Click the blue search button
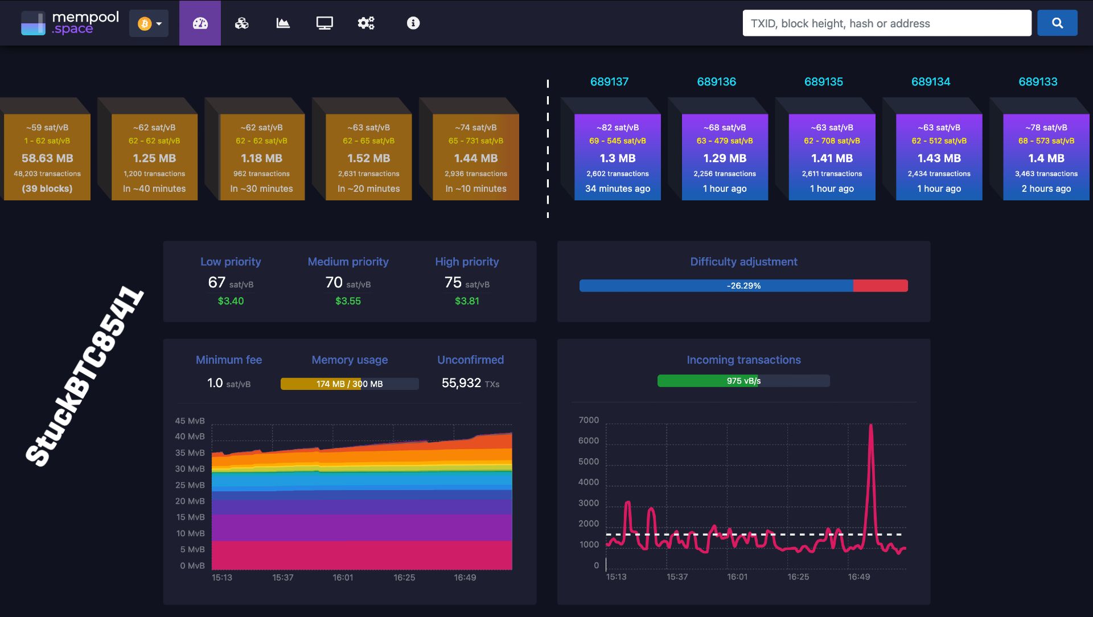click(x=1057, y=23)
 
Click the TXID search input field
click(x=886, y=23)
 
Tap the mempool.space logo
click(x=69, y=23)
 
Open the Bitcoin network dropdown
click(x=149, y=23)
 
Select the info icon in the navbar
click(x=413, y=23)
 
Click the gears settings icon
click(x=365, y=23)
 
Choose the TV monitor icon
click(x=324, y=23)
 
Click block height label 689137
click(x=609, y=82)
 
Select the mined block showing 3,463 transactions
click(x=1046, y=157)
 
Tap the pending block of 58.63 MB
click(x=47, y=157)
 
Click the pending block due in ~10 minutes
click(x=475, y=157)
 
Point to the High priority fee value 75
click(x=453, y=282)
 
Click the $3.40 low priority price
click(x=231, y=301)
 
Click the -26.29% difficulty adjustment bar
click(x=743, y=286)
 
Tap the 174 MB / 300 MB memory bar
click(x=349, y=384)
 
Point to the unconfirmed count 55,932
click(x=461, y=383)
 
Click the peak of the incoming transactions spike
click(x=870, y=426)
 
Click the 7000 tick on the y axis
click(x=589, y=420)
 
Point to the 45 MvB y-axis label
click(x=190, y=421)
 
